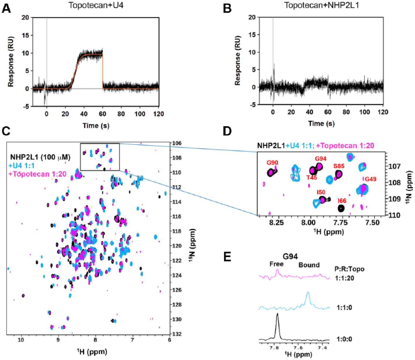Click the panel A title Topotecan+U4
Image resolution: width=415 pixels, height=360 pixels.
[x=96, y=5]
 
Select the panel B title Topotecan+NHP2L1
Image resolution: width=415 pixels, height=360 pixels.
[x=321, y=5]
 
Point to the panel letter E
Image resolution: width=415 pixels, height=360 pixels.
[x=227, y=257]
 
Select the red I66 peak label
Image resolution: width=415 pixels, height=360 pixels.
[x=342, y=206]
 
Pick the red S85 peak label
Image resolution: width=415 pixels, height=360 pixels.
[x=339, y=166]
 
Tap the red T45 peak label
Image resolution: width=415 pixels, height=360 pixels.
[x=311, y=178]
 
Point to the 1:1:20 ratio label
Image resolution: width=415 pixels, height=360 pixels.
[x=344, y=278]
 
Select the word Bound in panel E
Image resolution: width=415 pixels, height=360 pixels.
[x=309, y=265]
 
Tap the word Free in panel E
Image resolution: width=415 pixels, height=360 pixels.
[x=276, y=264]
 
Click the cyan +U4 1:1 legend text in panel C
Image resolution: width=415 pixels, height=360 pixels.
[x=21, y=166]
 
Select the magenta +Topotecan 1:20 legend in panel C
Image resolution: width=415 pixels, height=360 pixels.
[x=37, y=174]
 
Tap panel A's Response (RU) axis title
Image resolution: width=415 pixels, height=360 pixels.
[x=10, y=62]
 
